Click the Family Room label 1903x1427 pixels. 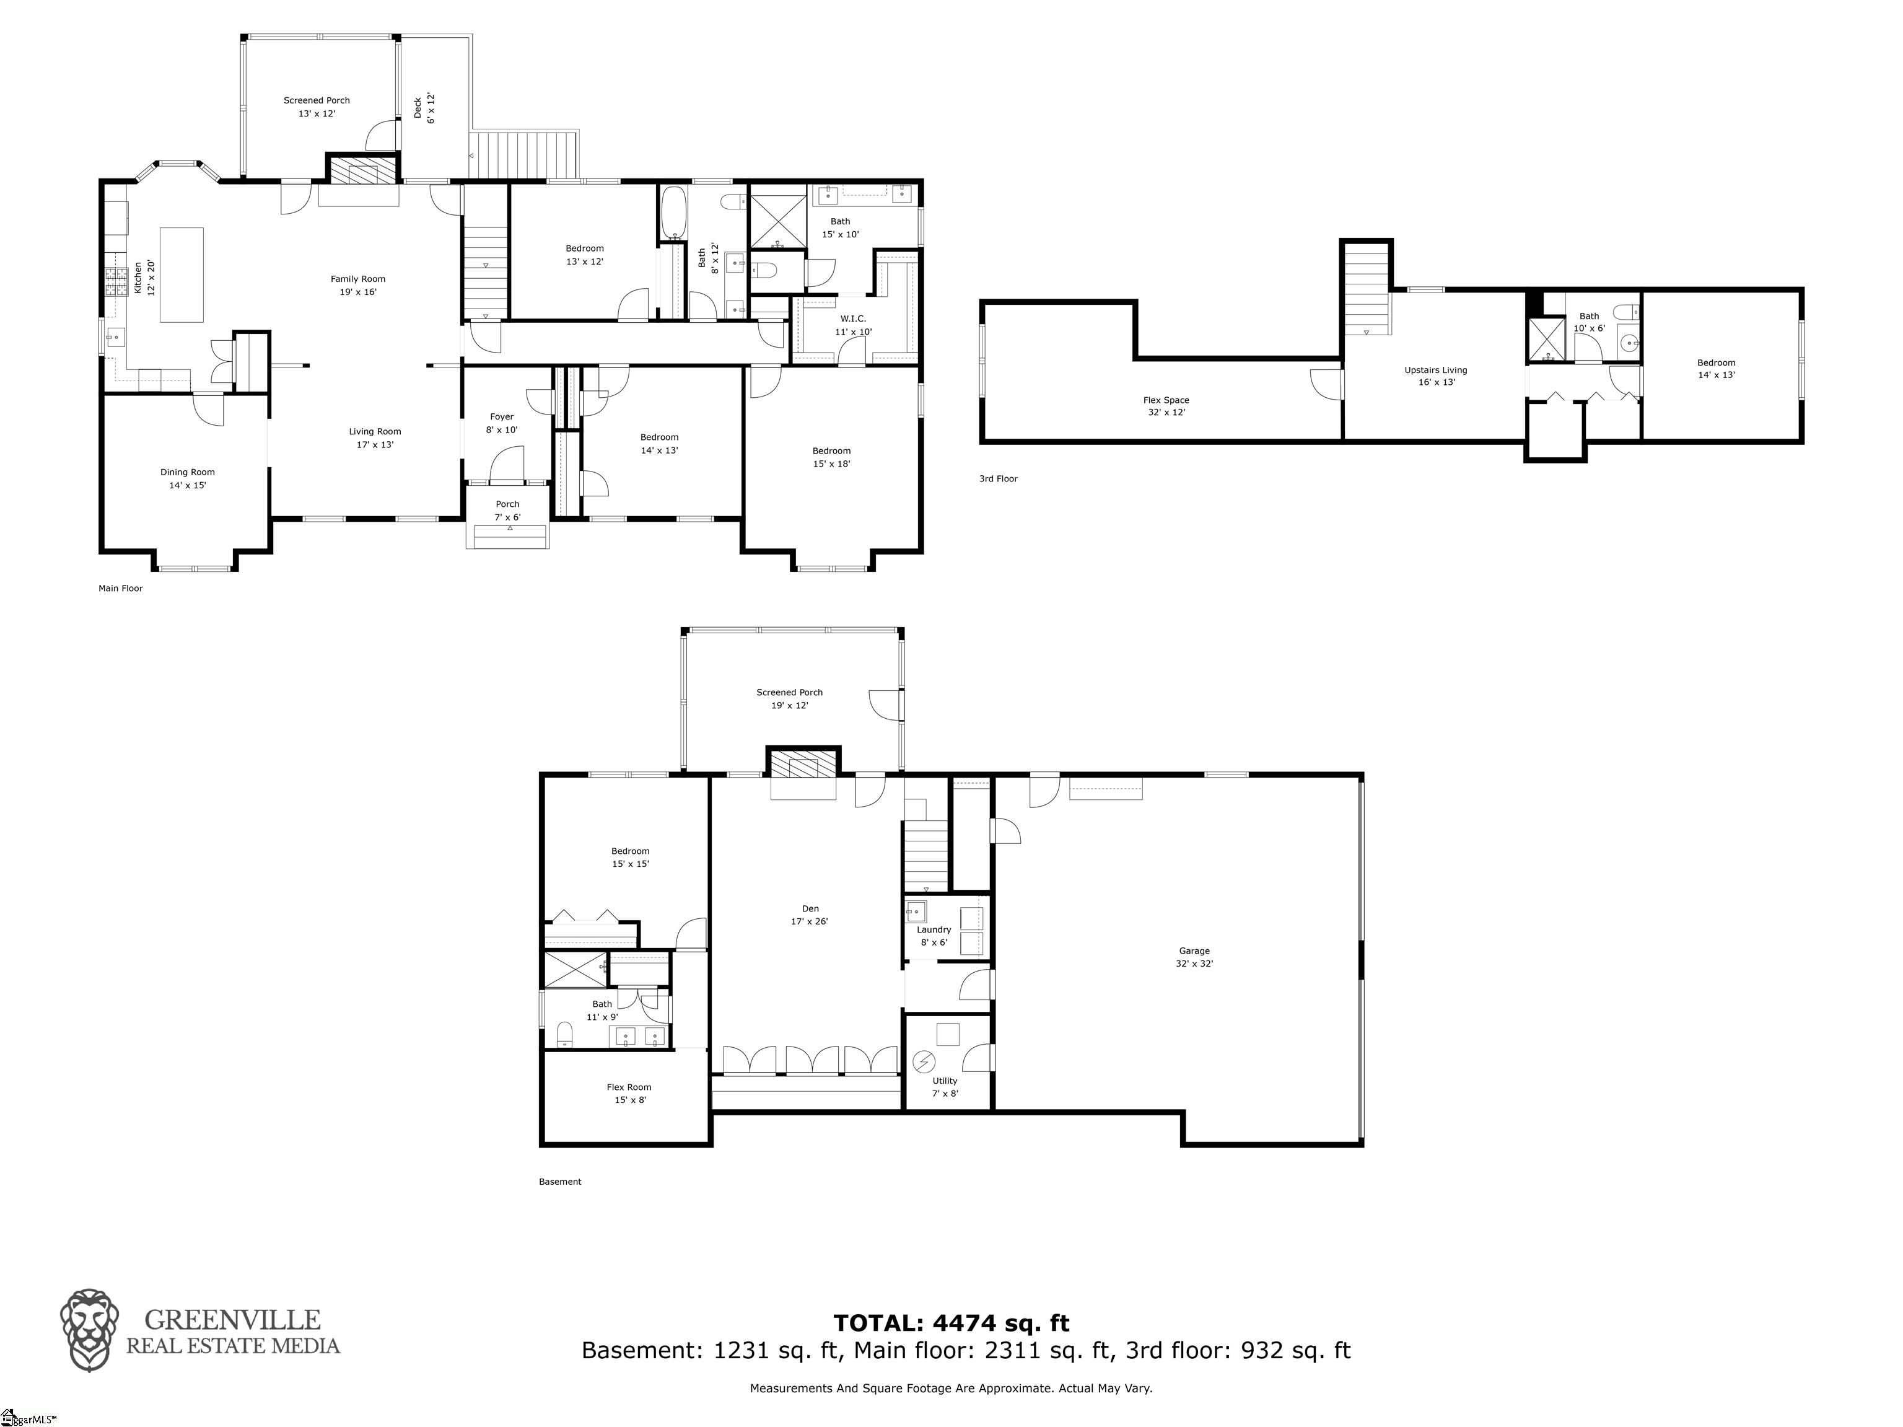[x=358, y=285]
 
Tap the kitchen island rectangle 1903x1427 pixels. [x=182, y=274]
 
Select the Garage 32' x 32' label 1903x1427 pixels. [x=1194, y=957]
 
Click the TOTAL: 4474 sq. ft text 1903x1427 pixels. [x=951, y=1323]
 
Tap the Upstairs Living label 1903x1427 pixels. [x=1436, y=376]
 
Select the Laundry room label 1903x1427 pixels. [x=934, y=936]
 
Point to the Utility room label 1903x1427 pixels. [x=945, y=1087]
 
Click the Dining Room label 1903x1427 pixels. [x=188, y=478]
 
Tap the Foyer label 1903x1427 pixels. [x=502, y=423]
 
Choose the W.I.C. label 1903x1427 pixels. [x=854, y=325]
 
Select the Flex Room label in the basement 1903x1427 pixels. [x=629, y=1093]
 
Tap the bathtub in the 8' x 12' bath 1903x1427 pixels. [x=673, y=213]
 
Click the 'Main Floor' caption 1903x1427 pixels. [x=120, y=589]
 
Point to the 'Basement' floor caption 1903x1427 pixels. [x=560, y=1182]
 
